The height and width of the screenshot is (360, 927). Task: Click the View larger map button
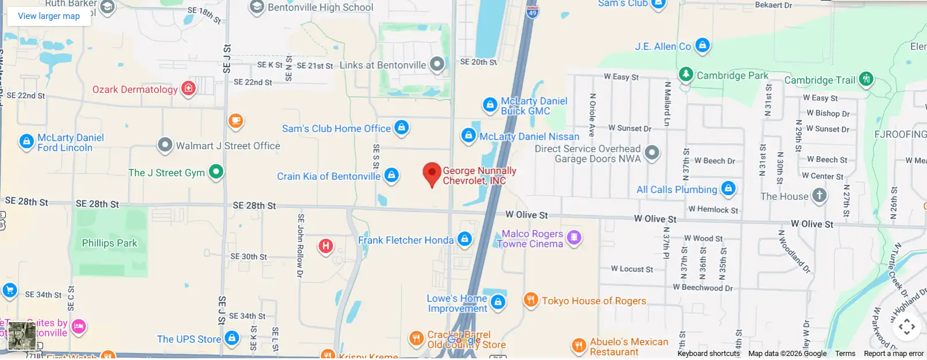click(49, 16)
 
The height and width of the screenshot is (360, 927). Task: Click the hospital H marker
click(325, 246)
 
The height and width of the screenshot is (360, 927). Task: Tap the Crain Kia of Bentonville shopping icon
click(391, 175)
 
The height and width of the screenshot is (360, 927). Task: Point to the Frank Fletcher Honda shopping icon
click(465, 239)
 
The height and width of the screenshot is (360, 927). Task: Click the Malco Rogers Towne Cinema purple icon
click(573, 237)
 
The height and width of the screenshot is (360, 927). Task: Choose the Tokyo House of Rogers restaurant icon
click(531, 300)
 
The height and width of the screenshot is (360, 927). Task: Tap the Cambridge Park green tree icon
click(686, 74)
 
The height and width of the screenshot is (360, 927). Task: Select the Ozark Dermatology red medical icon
click(188, 88)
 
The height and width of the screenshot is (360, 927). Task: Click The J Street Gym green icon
click(216, 171)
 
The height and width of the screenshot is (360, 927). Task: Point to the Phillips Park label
click(110, 243)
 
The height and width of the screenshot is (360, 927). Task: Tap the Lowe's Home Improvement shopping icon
click(498, 302)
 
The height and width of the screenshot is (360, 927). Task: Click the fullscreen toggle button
click(907, 327)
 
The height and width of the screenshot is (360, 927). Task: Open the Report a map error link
click(893, 354)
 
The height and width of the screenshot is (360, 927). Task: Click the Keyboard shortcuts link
click(708, 354)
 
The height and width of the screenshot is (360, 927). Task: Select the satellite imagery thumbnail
click(22, 336)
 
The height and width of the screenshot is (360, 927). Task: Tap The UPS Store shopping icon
click(232, 338)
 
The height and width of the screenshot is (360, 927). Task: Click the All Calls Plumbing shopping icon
click(728, 188)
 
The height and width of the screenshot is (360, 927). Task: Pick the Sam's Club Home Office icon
click(402, 127)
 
